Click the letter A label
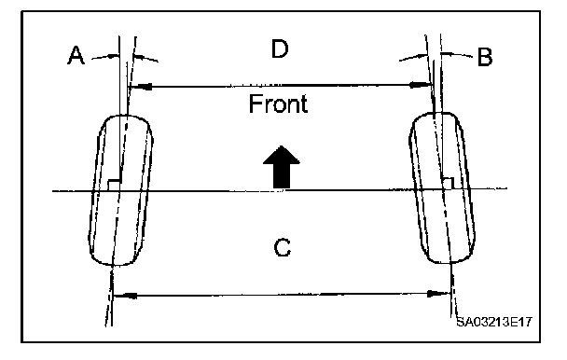click(x=76, y=55)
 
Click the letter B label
click(x=485, y=57)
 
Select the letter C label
click(x=282, y=247)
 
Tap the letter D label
click(x=280, y=48)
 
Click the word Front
click(x=279, y=104)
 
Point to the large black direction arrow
click(x=282, y=167)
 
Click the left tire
click(x=120, y=190)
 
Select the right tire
click(x=442, y=187)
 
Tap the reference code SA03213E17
click(x=494, y=322)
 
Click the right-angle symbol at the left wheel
click(x=114, y=184)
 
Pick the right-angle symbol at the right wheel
click(x=449, y=183)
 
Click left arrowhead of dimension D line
click(x=140, y=87)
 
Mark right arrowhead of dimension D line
click(x=421, y=85)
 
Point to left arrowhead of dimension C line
click(x=125, y=296)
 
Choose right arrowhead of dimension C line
click(x=438, y=293)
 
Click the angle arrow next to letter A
click(x=104, y=57)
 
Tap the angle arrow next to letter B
click(x=457, y=54)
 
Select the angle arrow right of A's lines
click(x=145, y=58)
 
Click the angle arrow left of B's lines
click(x=413, y=57)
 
